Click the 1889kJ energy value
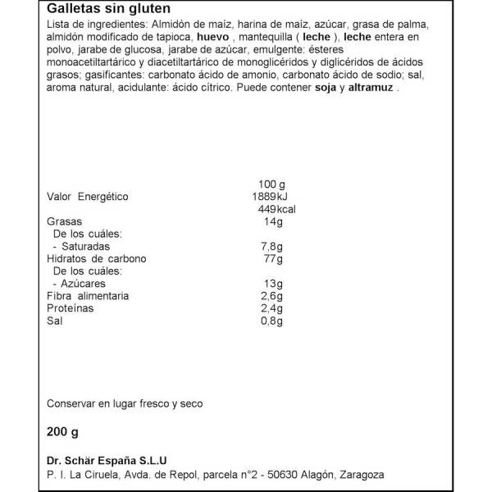click(x=270, y=197)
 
